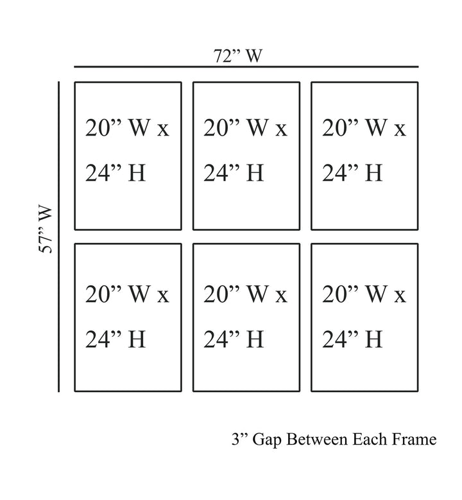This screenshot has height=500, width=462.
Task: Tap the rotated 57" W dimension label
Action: [47, 230]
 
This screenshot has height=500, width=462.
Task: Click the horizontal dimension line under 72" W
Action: [246, 67]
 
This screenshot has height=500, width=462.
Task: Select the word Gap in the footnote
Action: [268, 440]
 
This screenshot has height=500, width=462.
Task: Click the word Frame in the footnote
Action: [415, 440]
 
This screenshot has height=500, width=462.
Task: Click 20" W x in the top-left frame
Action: [127, 129]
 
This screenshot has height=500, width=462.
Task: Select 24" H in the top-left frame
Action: [116, 172]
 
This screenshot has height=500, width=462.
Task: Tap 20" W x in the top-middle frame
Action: [246, 129]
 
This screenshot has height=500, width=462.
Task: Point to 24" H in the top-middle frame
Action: [234, 172]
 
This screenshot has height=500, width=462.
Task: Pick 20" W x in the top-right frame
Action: [364, 129]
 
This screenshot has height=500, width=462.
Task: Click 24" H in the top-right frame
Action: [352, 172]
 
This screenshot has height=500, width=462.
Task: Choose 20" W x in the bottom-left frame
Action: [127, 295]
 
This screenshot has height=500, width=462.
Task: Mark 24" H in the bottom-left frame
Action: [116, 339]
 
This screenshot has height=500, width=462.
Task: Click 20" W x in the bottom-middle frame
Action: [246, 295]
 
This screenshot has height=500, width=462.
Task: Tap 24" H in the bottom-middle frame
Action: [234, 339]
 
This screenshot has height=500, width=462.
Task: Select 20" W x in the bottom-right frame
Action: [364, 295]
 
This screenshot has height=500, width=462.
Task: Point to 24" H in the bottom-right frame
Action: [352, 339]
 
